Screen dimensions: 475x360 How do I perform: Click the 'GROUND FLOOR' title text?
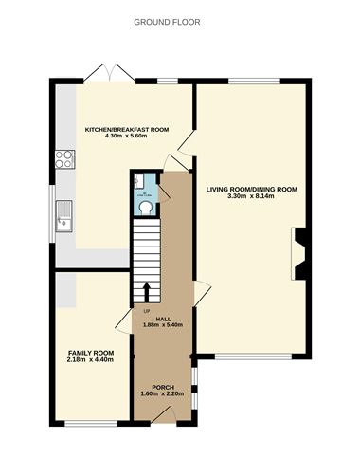[x=167, y=21]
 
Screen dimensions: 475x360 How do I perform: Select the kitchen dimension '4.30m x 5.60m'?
[x=127, y=137]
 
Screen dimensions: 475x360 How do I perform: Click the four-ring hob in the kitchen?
[x=65, y=158]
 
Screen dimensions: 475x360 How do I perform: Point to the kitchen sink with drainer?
[x=64, y=216]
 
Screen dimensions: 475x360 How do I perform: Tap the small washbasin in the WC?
[x=138, y=179]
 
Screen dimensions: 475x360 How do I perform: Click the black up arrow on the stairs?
[x=146, y=288]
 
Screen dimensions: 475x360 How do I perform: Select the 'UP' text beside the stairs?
[x=147, y=310]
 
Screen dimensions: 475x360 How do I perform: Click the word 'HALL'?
[x=162, y=319]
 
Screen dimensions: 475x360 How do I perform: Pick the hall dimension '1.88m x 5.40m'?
[x=162, y=325]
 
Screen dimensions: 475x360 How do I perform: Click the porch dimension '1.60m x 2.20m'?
[x=162, y=393]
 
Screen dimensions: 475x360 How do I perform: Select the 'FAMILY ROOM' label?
[x=83, y=352]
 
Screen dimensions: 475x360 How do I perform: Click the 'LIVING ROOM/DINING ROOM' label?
[x=251, y=189]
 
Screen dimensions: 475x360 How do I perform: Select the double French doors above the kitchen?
[x=104, y=73]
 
